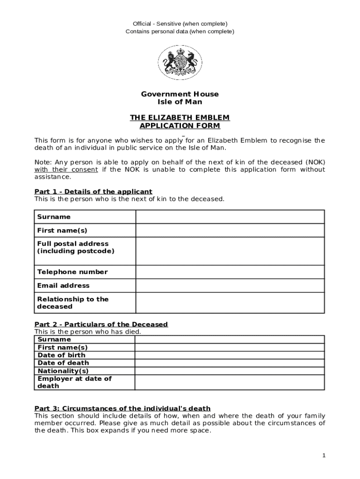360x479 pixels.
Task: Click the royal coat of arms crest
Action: coord(180,63)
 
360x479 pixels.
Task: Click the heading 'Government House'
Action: coord(180,94)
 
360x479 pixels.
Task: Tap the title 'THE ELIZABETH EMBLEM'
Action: coord(180,118)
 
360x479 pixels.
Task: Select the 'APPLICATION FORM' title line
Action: coord(180,126)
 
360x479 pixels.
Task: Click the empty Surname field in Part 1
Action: coord(230,217)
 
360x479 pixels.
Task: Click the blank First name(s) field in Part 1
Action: coord(230,231)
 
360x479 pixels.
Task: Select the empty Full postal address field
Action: coord(230,251)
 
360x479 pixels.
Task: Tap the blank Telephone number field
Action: coord(230,272)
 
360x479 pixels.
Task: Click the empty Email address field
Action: coord(230,286)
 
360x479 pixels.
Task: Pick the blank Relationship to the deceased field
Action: coord(230,303)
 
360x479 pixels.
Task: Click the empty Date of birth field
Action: coord(230,355)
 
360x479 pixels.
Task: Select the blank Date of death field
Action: coord(230,363)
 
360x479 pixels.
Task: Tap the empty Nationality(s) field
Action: coord(230,371)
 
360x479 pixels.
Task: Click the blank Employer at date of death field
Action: coord(230,382)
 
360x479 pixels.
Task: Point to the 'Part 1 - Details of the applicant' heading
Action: coord(94,192)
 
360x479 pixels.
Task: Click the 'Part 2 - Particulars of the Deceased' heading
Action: coord(101,324)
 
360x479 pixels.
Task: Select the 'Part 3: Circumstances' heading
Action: coord(122,408)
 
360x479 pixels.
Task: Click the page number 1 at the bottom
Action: coord(324,456)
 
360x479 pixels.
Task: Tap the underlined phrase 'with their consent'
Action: coord(66,169)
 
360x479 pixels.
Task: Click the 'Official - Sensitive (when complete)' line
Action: coord(180,23)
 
